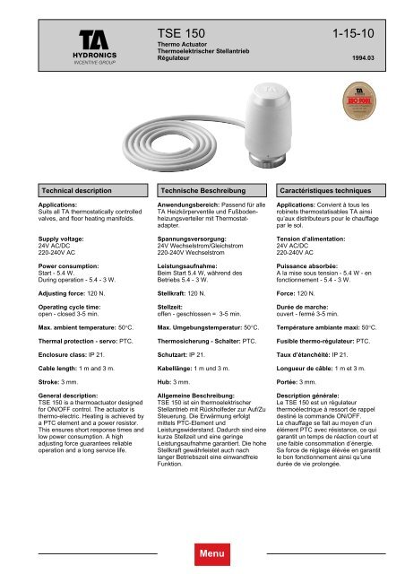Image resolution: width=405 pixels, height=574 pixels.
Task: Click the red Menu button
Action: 202,555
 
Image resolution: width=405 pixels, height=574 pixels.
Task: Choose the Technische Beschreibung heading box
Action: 202,194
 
